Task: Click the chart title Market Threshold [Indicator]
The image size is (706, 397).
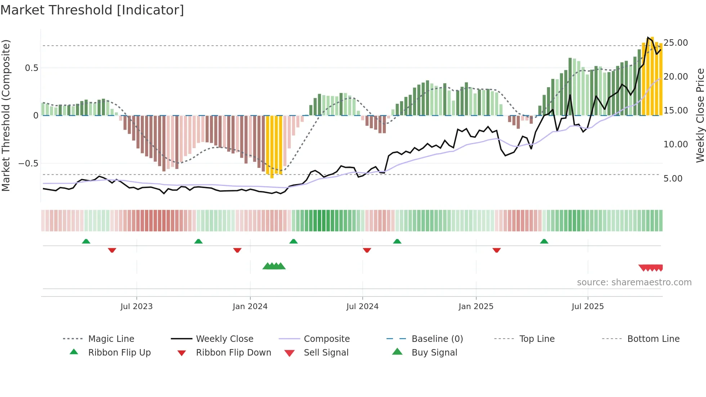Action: pyautogui.click(x=92, y=10)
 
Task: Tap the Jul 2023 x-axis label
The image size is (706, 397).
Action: pyautogui.click(x=137, y=307)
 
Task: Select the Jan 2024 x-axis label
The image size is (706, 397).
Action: pyautogui.click(x=250, y=307)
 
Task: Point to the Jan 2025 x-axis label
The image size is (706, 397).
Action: pyautogui.click(x=476, y=307)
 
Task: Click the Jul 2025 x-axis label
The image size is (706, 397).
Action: pyautogui.click(x=587, y=307)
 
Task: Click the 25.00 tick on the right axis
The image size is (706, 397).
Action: pyautogui.click(x=675, y=43)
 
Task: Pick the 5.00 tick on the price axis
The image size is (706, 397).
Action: pyautogui.click(x=673, y=179)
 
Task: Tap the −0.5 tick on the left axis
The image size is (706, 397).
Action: pyautogui.click(x=28, y=164)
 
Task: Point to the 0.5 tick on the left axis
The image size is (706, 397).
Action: pyautogui.click(x=31, y=68)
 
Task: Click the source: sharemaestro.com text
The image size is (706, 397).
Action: pyautogui.click(x=634, y=282)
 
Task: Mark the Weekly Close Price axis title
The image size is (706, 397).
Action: pyautogui.click(x=700, y=115)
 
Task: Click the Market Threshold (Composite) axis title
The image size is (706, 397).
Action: pyautogui.click(x=6, y=115)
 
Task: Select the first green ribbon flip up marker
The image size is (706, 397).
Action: pyautogui.click(x=86, y=241)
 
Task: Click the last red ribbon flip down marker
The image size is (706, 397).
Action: pyautogui.click(x=496, y=250)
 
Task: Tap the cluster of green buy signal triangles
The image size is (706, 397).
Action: pyautogui.click(x=274, y=266)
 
